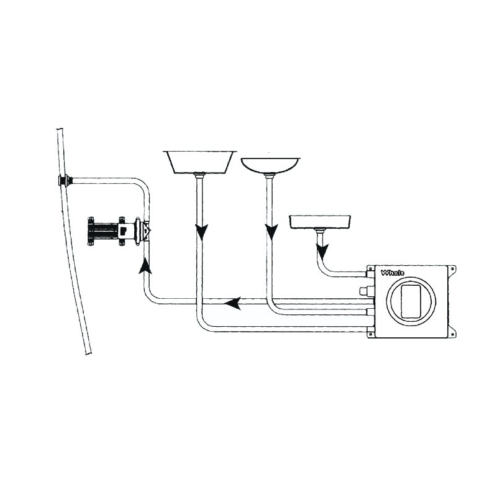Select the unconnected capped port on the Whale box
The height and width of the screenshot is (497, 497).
click(x=365, y=290)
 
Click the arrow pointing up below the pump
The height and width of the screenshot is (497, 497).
click(x=145, y=266)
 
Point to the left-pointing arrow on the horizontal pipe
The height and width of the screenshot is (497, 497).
click(x=233, y=304)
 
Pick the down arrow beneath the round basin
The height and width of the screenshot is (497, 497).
click(x=271, y=232)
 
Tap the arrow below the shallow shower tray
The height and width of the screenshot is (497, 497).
click(x=322, y=252)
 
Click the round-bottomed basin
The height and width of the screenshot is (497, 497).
click(x=270, y=164)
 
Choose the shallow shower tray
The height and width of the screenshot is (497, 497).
click(x=320, y=221)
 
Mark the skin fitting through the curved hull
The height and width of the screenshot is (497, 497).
click(x=64, y=181)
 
